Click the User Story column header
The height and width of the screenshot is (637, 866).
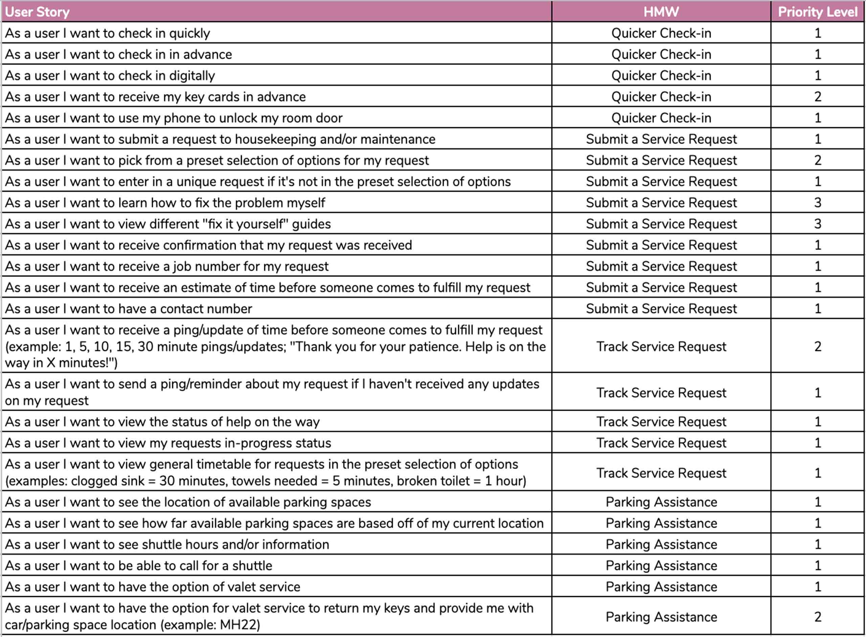37,12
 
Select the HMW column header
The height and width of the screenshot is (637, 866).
661,12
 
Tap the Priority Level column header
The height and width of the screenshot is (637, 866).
817,12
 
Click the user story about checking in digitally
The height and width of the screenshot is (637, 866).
110,76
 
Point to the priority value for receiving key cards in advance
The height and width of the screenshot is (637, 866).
817,97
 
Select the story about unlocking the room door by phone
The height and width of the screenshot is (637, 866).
174,118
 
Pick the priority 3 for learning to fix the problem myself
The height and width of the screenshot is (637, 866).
817,203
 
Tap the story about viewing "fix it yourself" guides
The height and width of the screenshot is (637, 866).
168,224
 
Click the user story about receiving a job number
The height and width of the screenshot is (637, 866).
167,266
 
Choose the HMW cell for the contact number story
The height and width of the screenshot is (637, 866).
661,309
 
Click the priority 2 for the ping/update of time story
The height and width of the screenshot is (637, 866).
817,347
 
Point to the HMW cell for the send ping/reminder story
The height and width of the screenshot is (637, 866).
661,393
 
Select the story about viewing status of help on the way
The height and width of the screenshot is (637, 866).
162,422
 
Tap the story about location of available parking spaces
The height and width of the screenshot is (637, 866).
188,502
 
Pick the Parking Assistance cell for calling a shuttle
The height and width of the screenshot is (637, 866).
661,566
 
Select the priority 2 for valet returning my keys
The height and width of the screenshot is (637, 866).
817,617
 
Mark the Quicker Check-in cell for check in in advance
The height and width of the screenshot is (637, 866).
661,54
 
